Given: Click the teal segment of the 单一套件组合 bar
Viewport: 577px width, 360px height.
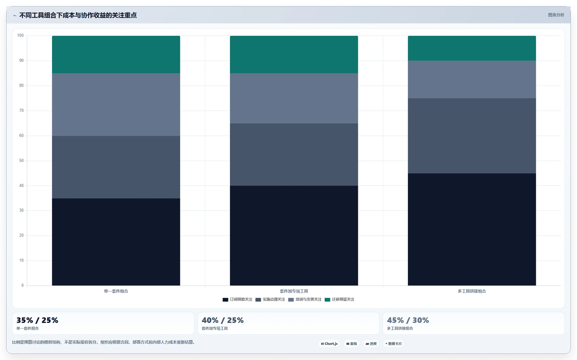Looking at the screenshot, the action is point(116,54).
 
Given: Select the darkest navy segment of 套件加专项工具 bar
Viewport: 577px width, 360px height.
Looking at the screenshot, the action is point(294,235).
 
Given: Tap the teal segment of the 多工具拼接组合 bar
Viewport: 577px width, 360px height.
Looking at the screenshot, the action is point(472,48).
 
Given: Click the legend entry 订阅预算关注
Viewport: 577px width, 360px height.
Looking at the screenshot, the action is point(237,299).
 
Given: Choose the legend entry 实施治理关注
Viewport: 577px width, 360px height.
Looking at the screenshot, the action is point(270,299).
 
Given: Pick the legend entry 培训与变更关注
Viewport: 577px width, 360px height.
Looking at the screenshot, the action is point(305,299).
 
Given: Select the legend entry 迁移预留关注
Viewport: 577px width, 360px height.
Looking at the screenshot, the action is point(339,299).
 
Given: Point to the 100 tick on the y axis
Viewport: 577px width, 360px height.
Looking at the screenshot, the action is point(20,36).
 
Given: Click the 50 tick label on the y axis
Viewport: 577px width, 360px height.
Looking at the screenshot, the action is point(21,161).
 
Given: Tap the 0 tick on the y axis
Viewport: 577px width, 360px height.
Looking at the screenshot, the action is point(23,286).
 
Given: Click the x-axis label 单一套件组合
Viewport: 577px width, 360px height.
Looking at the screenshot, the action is point(116,291).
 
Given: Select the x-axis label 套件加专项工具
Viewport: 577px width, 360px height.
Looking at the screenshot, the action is point(294,291).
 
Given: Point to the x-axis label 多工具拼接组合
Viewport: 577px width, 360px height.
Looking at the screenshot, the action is point(472,291).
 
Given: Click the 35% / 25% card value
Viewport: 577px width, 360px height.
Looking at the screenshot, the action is point(37,320).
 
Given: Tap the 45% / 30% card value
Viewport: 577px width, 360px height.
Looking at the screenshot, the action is point(408,320).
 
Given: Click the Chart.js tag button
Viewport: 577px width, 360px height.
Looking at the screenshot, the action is point(329,344).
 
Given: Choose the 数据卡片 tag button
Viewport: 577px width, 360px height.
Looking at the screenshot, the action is point(393,344).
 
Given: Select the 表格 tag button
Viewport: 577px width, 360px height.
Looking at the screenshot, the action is point(352,344).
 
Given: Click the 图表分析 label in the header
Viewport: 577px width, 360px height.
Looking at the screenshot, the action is point(556,15).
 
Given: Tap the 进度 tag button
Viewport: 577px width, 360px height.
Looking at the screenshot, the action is point(371,344).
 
